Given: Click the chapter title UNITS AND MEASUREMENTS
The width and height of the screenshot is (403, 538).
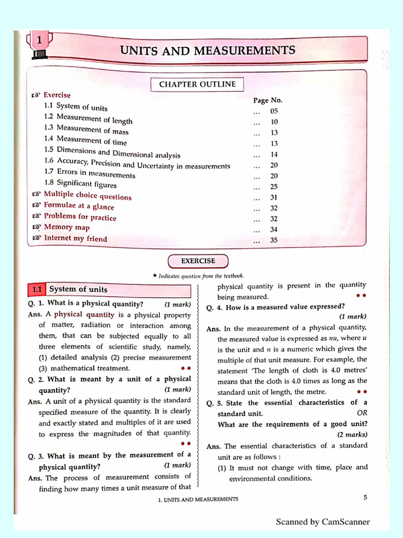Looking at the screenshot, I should click(x=208, y=51).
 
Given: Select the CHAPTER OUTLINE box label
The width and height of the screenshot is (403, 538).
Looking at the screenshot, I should click(x=197, y=85).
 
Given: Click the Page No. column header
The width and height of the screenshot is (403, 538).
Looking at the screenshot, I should click(x=268, y=100).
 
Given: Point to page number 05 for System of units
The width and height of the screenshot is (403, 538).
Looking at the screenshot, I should click(x=274, y=111).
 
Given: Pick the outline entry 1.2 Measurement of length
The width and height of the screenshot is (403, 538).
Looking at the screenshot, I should click(x=88, y=119).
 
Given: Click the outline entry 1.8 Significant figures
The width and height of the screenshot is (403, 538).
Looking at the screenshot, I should click(x=80, y=184).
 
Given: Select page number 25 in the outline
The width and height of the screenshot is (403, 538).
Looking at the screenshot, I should click(x=274, y=187).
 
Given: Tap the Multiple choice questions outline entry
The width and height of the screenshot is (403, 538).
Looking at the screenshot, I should click(x=87, y=196).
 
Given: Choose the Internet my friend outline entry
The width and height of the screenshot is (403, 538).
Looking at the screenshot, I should click(x=75, y=239).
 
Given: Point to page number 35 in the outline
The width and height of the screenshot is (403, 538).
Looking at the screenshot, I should click(x=274, y=241).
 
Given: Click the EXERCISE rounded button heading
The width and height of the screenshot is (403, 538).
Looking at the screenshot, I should click(x=198, y=261).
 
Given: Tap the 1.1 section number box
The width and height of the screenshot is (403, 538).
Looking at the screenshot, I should click(x=37, y=289).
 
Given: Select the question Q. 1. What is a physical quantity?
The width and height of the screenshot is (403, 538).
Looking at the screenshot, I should click(x=95, y=304).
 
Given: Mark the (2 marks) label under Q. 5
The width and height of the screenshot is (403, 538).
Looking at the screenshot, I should click(x=353, y=434).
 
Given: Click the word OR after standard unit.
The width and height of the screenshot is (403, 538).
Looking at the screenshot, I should click(x=362, y=413).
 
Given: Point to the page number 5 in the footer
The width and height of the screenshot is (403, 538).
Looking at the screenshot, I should click(x=365, y=497).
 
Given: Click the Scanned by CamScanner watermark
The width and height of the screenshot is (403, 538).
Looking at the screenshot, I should click(x=323, y=522).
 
